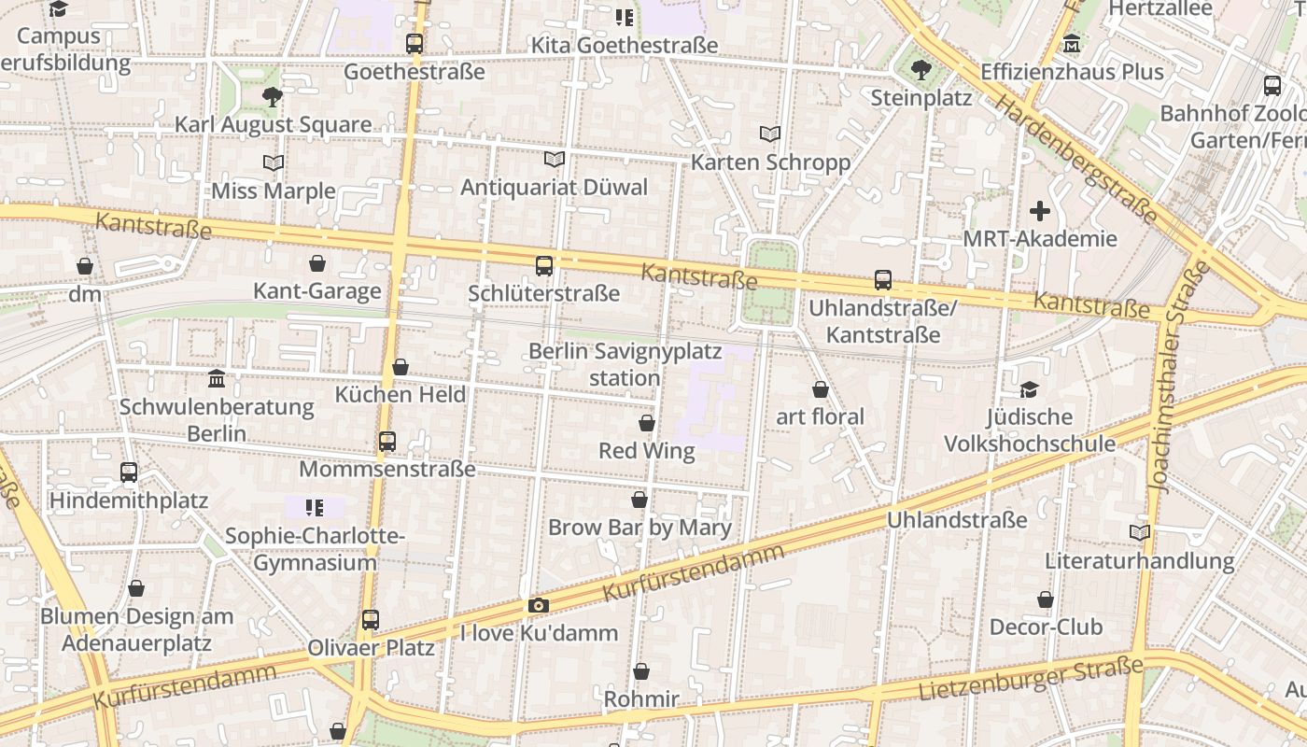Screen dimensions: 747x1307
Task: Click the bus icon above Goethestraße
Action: click(415, 43)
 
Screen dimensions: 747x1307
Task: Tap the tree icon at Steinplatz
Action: click(921, 69)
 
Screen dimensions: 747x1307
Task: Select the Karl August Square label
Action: click(273, 124)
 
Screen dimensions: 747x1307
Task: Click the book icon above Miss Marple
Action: click(274, 162)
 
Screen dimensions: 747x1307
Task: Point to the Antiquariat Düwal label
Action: click(554, 187)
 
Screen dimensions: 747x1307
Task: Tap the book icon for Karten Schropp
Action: click(770, 134)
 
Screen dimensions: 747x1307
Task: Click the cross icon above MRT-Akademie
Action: click(1040, 211)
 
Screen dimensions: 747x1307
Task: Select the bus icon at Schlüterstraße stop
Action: click(544, 265)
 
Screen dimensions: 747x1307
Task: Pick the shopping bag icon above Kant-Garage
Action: click(317, 263)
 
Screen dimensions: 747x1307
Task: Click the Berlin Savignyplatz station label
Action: click(625, 364)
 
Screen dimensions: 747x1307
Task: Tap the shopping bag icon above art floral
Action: click(821, 389)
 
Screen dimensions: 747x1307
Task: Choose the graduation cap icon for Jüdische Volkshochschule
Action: click(1030, 389)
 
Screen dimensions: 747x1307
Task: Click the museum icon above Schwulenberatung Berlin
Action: click(217, 378)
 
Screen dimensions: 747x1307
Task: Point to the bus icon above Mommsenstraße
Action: click(387, 441)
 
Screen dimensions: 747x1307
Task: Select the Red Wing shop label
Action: click(646, 451)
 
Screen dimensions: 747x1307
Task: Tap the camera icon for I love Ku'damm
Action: click(539, 605)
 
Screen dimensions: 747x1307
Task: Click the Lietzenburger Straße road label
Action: click(1031, 679)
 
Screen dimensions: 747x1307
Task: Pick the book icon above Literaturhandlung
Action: click(1140, 533)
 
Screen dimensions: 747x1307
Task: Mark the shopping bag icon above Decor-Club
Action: click(1046, 599)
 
